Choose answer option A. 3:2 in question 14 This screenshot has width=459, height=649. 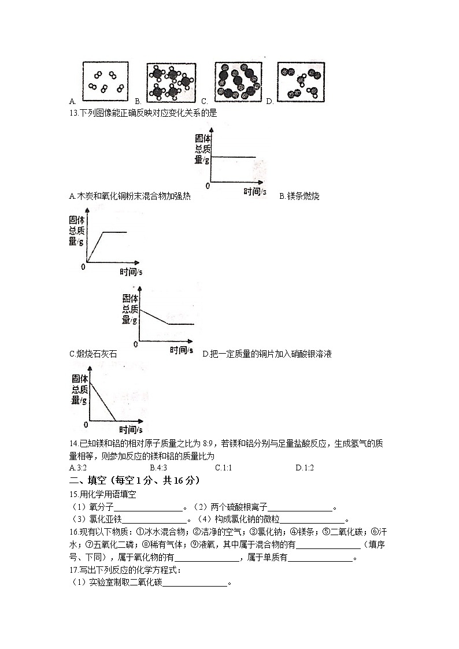pyautogui.click(x=77, y=468)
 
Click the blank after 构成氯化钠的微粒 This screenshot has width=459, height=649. pyautogui.click(x=312, y=520)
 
